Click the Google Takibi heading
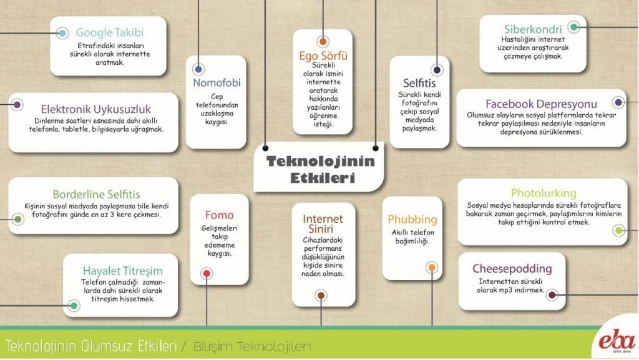[110, 32]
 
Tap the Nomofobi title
[217, 83]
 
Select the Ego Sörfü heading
[323, 56]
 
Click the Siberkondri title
[533, 29]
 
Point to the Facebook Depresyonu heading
[541, 104]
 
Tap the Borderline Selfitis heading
[96, 194]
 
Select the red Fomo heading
[219, 215]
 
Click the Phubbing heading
[412, 219]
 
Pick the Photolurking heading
[543, 193]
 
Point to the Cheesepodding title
[512, 269]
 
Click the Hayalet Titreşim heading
[122, 271]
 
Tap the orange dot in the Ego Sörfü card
[323, 42]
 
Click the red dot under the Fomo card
[207, 273]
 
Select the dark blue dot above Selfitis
[437, 70]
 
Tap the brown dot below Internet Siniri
[321, 295]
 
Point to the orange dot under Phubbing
[431, 268]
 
